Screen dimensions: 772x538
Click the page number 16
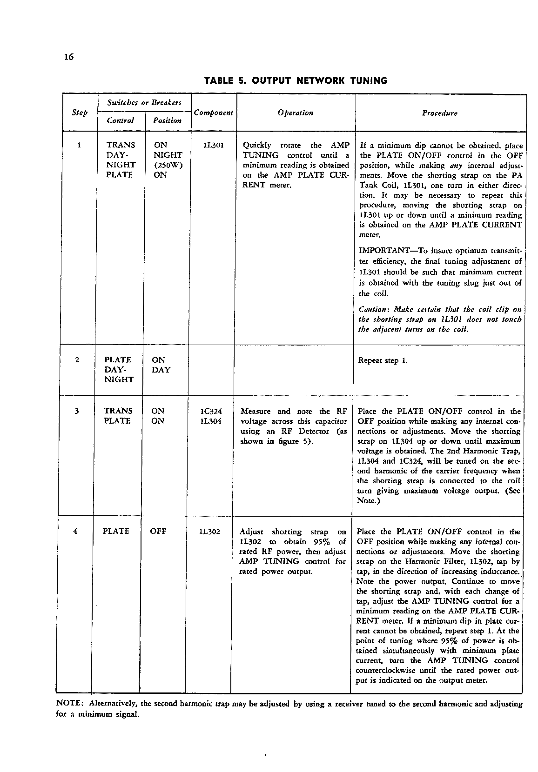click(69, 57)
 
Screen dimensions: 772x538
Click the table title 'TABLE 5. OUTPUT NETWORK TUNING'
click(296, 80)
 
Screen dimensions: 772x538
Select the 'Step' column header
click(80, 113)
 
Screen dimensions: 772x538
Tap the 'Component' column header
click(213, 113)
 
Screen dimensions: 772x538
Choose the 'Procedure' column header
click(439, 113)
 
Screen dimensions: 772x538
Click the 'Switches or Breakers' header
click(144, 102)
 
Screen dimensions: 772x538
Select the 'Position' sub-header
click(167, 120)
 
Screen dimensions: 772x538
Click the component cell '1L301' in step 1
click(214, 145)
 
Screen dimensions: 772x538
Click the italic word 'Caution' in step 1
click(372, 309)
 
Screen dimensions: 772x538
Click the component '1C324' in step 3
click(210, 411)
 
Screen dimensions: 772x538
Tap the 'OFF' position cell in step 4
click(158, 531)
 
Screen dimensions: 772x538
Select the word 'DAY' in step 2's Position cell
click(161, 370)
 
